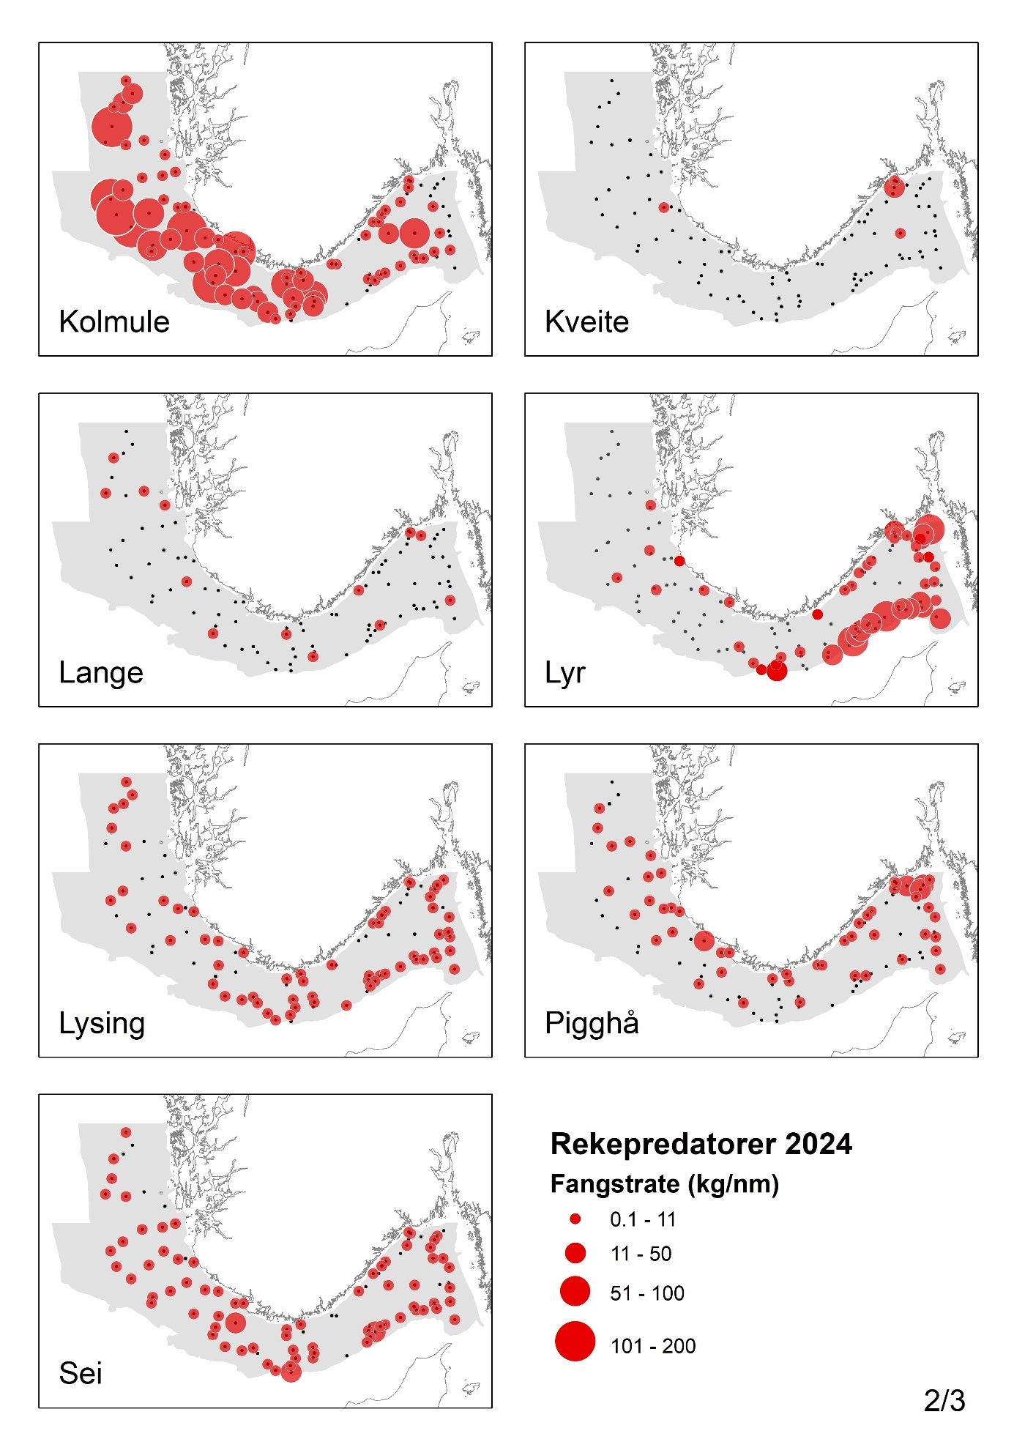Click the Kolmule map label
click(x=114, y=322)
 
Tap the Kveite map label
click(x=586, y=322)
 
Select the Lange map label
click(x=101, y=673)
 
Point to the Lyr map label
click(x=564, y=673)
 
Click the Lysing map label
click(x=102, y=1024)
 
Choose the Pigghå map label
click(x=592, y=1024)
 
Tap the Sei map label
click(x=81, y=1374)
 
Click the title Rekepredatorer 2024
click(x=701, y=1144)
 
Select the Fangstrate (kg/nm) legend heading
click(x=664, y=1184)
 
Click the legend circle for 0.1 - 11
click(x=575, y=1219)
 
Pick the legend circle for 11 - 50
click(x=575, y=1253)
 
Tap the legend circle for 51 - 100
click(x=575, y=1291)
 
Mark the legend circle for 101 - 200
click(x=575, y=1342)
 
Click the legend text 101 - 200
click(x=653, y=1346)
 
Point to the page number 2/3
click(x=944, y=1401)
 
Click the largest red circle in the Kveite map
click(x=894, y=187)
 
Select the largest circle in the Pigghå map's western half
click(x=704, y=941)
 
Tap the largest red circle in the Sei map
click(x=235, y=1323)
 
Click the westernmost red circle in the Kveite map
click(x=664, y=207)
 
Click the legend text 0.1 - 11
click(x=643, y=1219)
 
